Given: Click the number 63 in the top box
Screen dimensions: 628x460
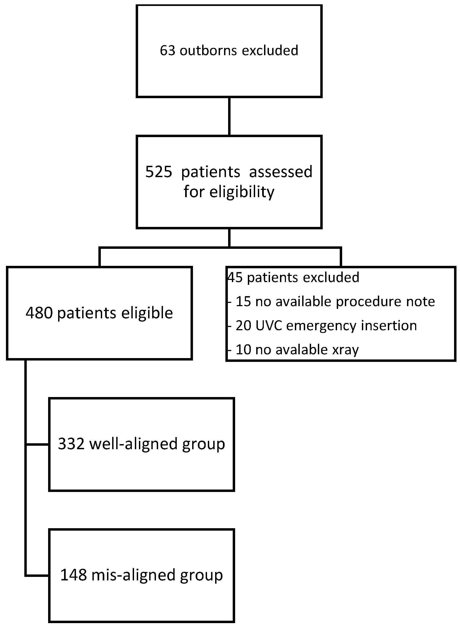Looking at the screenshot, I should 167,51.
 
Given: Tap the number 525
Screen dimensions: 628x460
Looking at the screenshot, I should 159,172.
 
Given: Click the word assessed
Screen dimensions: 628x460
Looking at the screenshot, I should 281,172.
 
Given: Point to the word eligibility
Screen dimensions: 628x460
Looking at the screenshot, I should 242,192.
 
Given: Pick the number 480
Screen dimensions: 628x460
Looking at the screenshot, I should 39,313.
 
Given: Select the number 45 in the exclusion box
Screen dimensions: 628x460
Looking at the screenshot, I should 236,277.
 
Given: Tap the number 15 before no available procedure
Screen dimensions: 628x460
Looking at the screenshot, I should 243,302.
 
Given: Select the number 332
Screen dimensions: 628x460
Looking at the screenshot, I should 71,444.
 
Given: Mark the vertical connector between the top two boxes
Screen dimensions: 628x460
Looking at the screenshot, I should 229,117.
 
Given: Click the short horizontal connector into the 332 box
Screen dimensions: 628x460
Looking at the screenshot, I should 37,445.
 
